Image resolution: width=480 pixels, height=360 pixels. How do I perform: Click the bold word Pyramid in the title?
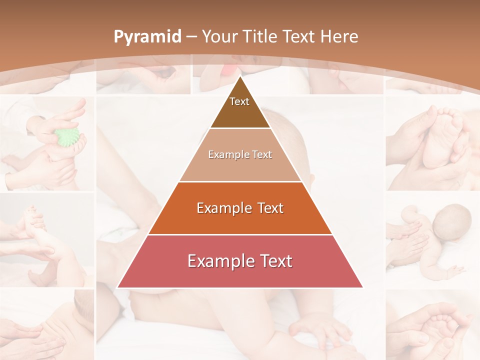click(x=147, y=36)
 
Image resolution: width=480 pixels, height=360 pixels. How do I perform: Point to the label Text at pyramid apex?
click(x=239, y=101)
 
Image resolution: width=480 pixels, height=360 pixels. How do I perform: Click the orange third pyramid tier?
click(x=240, y=220)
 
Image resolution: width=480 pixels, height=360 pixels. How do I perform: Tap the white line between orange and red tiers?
click(x=240, y=234)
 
